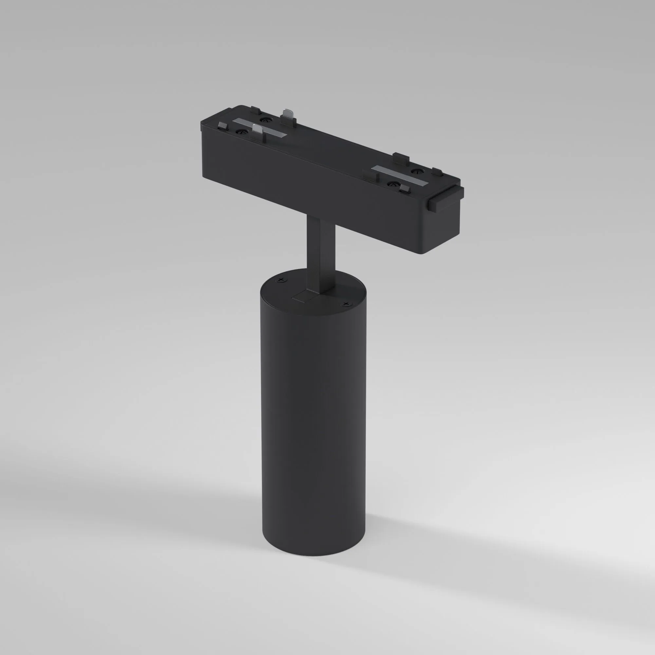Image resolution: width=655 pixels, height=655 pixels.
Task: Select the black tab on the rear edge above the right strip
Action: tap(402, 157)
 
